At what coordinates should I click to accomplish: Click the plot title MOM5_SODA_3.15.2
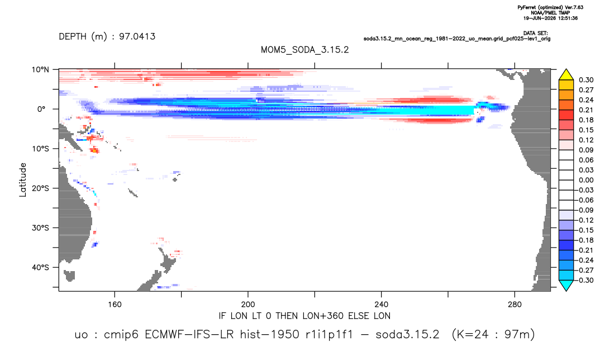click(304, 50)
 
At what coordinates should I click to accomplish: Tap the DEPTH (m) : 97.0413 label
click(107, 36)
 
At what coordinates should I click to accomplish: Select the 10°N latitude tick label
click(40, 70)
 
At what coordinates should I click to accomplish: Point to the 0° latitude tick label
click(41, 109)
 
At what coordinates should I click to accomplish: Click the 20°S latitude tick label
click(40, 188)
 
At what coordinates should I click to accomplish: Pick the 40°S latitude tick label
click(40, 267)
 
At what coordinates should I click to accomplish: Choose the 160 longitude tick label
click(115, 305)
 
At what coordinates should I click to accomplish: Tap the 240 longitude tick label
click(381, 305)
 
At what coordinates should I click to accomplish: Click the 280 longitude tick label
click(515, 305)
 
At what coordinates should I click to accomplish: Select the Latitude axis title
click(23, 180)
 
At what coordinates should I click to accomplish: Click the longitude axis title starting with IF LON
click(304, 316)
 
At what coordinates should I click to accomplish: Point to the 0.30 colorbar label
click(586, 80)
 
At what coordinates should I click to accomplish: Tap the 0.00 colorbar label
click(586, 180)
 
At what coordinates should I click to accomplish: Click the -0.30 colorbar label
click(585, 280)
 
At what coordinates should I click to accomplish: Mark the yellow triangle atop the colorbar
click(566, 75)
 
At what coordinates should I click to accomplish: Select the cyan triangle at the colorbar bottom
click(566, 285)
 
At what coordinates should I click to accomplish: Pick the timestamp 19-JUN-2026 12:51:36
click(550, 18)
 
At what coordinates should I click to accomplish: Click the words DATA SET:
click(535, 34)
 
